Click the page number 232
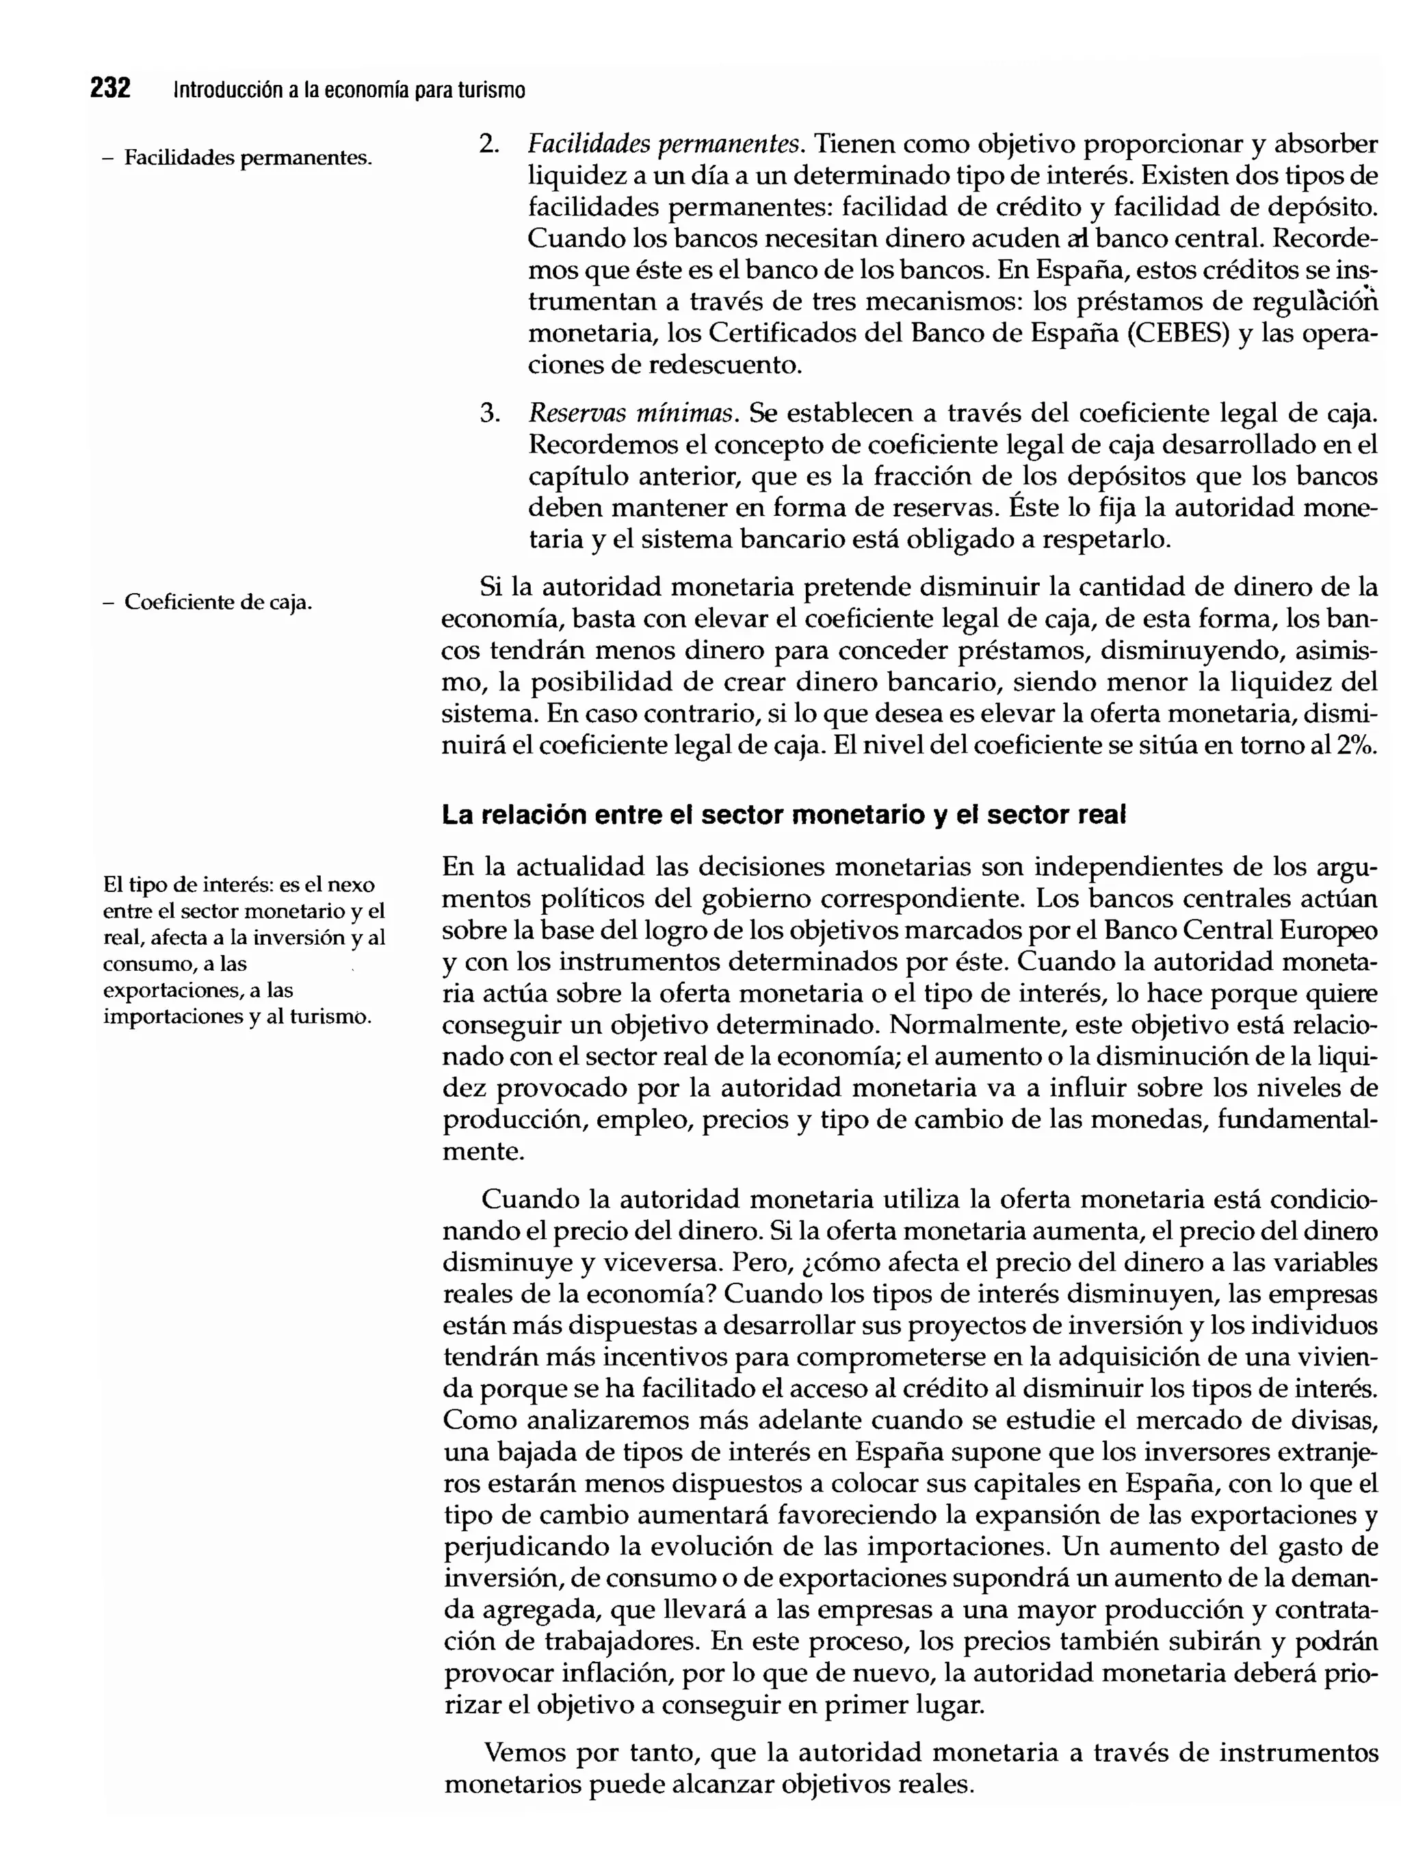(x=110, y=88)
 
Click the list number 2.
(x=488, y=144)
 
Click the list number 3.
(x=488, y=414)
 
